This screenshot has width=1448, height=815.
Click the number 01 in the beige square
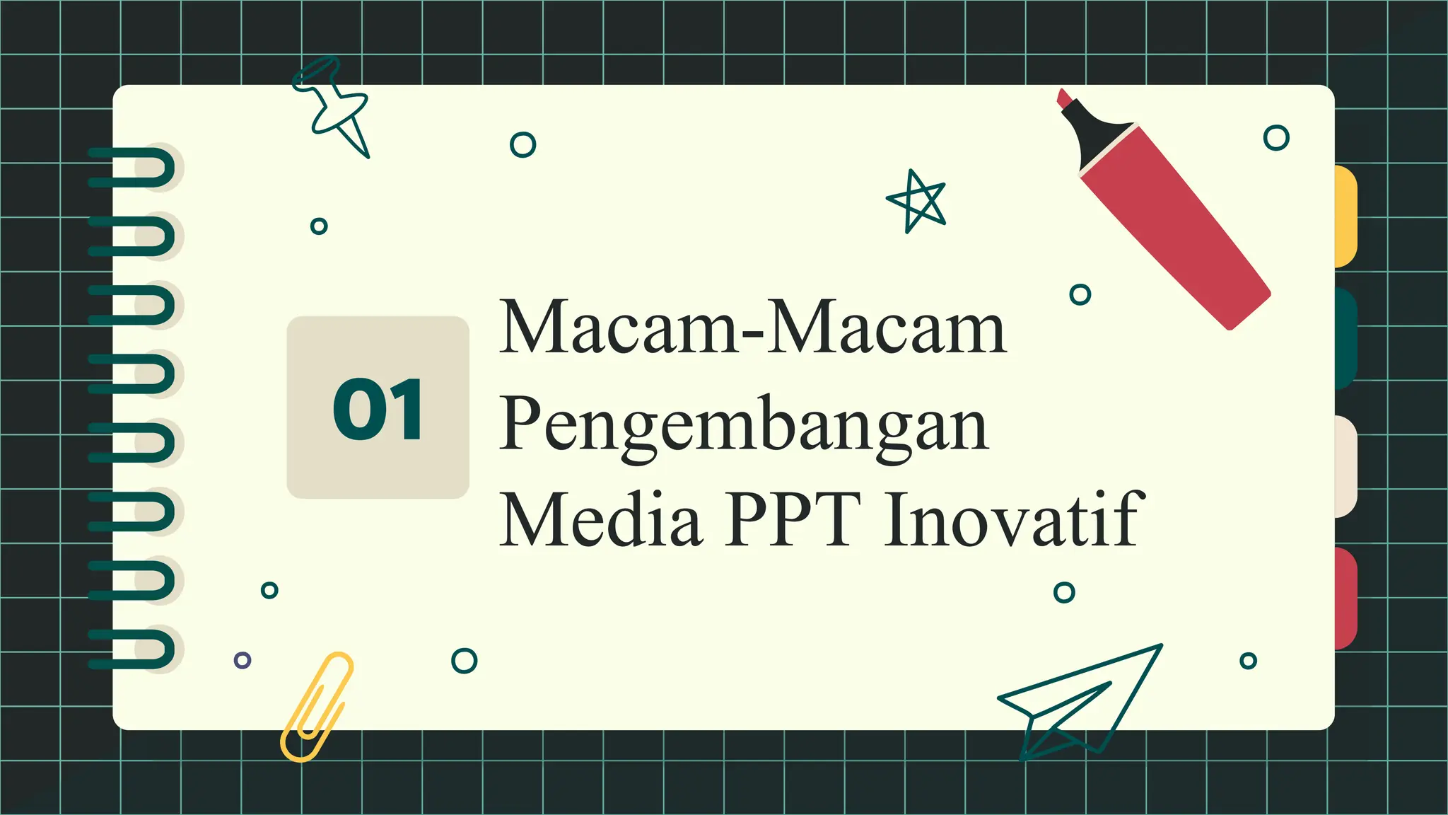point(378,409)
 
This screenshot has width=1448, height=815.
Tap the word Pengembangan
point(744,424)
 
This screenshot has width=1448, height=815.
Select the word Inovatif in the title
point(1014,520)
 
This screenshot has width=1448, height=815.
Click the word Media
point(601,520)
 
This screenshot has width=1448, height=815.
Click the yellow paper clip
point(316,707)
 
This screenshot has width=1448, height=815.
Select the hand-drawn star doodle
point(917,201)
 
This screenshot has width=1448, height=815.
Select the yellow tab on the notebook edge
point(1345,216)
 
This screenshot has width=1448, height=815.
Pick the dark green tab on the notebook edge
point(1345,338)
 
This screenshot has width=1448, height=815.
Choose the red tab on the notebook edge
point(1345,598)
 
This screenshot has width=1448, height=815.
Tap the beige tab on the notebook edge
point(1345,467)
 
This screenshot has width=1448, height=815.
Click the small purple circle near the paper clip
point(243,660)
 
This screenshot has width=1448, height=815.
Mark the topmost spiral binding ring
point(134,168)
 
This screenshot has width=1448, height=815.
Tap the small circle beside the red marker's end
point(1080,294)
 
